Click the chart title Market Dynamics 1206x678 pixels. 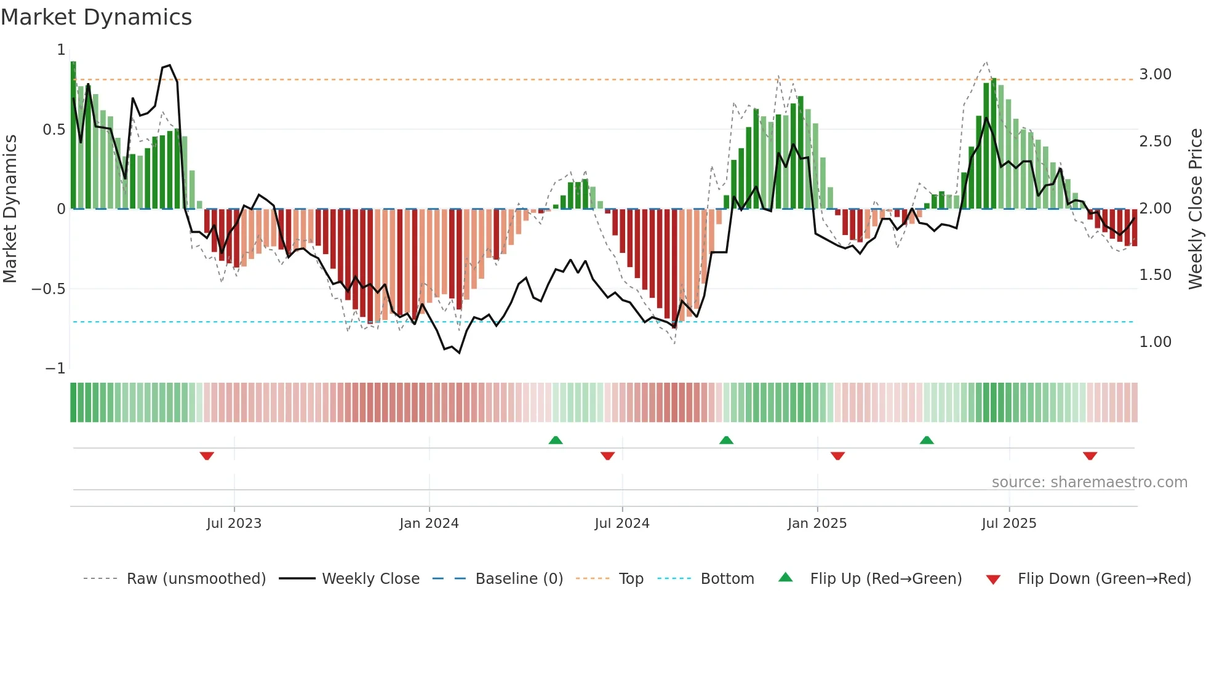[x=97, y=17]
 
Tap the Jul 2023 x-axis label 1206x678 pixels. [x=234, y=524]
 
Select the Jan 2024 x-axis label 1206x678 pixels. [x=429, y=524]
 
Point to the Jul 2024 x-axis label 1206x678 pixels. [x=622, y=524]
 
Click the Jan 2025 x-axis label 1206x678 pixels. [x=817, y=524]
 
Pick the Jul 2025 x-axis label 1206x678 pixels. [x=1009, y=524]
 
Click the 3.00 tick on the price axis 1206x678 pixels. [x=1156, y=74]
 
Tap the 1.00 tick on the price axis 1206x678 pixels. [x=1156, y=342]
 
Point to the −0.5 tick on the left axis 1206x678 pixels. [x=48, y=289]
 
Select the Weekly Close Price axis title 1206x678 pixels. [x=1195, y=209]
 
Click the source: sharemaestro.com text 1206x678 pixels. [x=1089, y=482]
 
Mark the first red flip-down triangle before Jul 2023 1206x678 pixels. [x=207, y=456]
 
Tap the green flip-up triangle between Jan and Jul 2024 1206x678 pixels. [x=556, y=440]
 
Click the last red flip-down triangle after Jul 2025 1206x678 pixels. [x=1090, y=456]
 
